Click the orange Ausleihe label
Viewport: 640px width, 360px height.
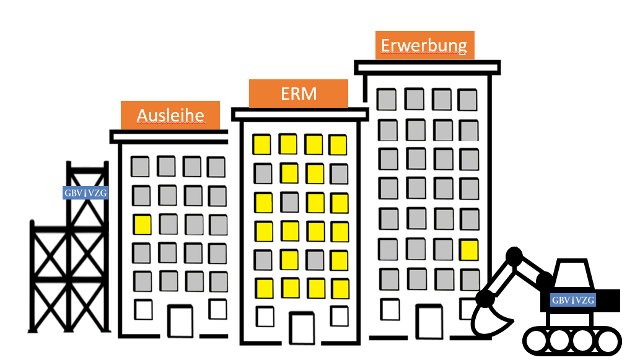[170, 115]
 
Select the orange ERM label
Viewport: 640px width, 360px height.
[298, 94]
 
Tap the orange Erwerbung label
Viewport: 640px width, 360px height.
[424, 45]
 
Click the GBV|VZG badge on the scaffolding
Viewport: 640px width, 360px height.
[85, 193]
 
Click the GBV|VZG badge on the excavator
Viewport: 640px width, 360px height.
[573, 301]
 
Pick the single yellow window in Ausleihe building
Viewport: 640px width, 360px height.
[142, 224]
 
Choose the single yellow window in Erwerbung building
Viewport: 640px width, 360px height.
[469, 250]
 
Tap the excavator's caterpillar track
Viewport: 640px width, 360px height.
[571, 341]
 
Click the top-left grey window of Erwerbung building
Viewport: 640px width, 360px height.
[388, 99]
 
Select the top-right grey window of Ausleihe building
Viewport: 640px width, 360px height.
[216, 167]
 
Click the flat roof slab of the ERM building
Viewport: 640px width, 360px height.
[300, 114]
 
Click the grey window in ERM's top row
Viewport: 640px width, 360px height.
[263, 173]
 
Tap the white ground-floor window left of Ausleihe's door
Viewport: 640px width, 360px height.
[143, 309]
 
